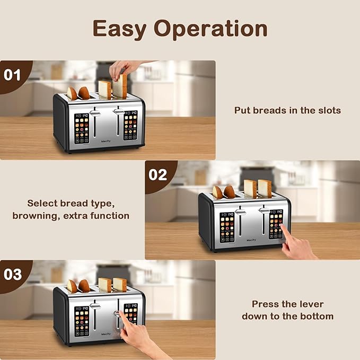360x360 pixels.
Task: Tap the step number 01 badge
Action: pos(13,74)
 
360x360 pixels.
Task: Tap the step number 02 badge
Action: pos(158,174)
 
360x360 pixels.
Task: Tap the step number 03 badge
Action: pos(13,274)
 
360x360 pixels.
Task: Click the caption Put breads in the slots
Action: pos(287,110)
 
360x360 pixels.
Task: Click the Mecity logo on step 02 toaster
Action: pos(251,240)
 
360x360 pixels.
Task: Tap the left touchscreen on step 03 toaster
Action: pos(82,320)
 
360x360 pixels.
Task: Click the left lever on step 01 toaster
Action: pos(95,113)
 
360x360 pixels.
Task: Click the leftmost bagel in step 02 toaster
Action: pos(217,192)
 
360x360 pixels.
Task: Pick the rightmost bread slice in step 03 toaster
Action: pos(120,285)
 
